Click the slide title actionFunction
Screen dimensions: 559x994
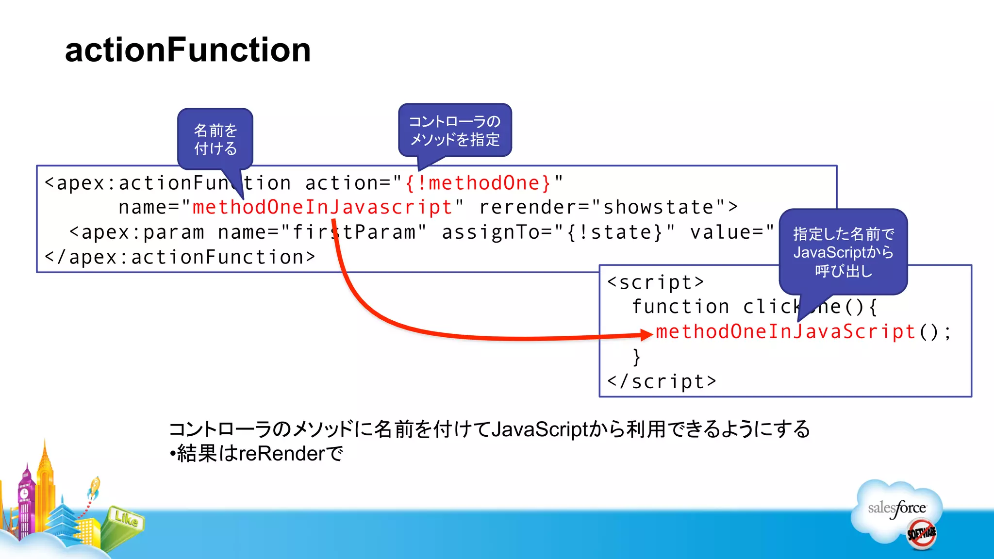point(187,50)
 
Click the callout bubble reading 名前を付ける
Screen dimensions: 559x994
point(215,139)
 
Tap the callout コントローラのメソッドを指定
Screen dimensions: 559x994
point(455,131)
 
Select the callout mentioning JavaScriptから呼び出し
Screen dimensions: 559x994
point(843,252)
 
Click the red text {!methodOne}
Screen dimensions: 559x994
point(478,183)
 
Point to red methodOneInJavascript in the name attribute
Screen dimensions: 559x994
point(322,208)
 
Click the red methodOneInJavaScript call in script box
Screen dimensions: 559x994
point(785,332)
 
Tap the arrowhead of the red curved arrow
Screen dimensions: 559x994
point(646,334)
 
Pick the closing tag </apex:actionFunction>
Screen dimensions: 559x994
point(180,257)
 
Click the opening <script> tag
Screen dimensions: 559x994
point(655,282)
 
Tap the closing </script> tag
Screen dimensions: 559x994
point(662,382)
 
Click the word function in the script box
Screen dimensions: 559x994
point(680,307)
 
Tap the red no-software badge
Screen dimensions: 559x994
point(921,534)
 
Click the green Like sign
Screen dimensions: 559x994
point(126,519)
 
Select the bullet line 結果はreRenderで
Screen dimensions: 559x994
point(256,454)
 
